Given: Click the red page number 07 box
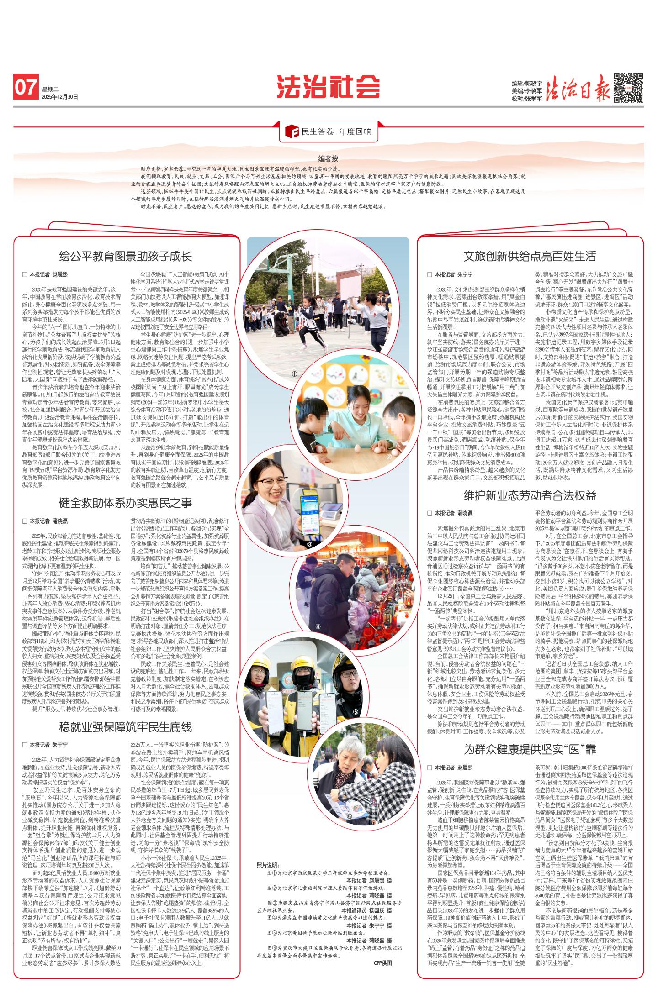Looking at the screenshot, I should [x=26, y=87].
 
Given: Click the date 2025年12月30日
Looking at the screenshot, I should [x=59, y=97].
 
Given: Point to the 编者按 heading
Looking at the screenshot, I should [x=329, y=159].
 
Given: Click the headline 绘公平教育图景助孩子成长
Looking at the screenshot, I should [x=126, y=256].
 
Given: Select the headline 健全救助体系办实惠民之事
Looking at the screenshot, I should [x=126, y=503].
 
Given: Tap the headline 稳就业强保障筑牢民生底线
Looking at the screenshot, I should [x=126, y=727].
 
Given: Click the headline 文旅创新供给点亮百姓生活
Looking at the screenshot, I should [x=530, y=256].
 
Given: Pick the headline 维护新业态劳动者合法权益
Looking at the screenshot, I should [x=530, y=495].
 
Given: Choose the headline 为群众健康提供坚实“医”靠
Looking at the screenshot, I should [x=530, y=749].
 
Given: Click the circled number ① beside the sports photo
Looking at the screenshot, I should [x=294, y=373].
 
